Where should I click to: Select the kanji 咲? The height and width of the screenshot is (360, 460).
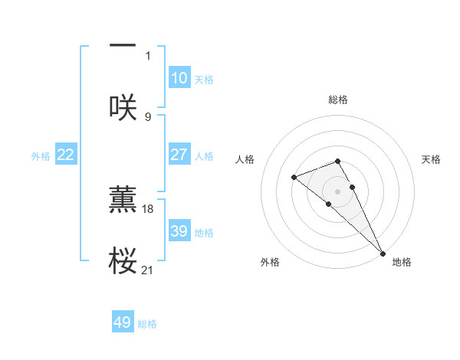123,107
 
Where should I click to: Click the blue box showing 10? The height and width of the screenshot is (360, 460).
179,78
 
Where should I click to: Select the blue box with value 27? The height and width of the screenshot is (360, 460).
179,155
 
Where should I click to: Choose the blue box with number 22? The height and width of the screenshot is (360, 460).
66,155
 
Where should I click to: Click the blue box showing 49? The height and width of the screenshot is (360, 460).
123,322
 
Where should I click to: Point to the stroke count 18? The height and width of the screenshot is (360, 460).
149,208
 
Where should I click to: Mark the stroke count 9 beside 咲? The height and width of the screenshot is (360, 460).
148,116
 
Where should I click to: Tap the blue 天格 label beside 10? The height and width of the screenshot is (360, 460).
204,80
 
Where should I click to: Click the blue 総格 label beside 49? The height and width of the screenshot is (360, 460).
147,324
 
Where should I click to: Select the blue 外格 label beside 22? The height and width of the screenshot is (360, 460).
41,156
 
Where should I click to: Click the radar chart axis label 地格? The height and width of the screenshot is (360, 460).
402,262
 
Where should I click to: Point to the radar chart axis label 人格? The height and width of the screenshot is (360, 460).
245,159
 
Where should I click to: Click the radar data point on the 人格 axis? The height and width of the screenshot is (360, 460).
294,178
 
